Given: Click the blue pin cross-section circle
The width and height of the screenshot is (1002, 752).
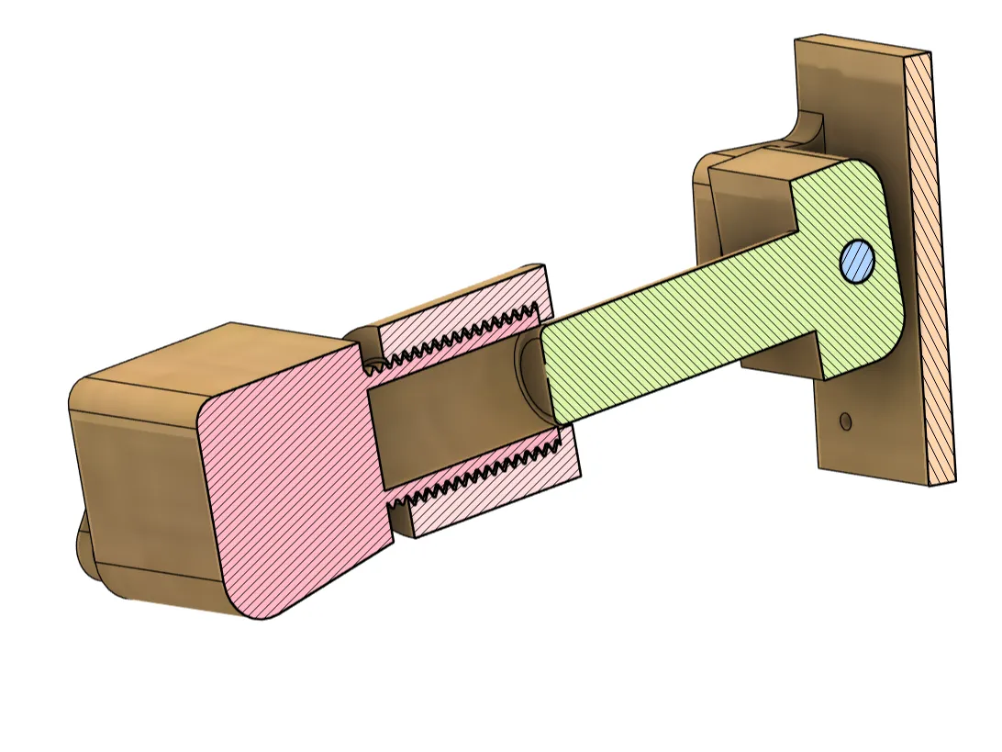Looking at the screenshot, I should click(x=857, y=262).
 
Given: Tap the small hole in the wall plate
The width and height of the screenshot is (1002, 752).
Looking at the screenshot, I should click(x=845, y=421).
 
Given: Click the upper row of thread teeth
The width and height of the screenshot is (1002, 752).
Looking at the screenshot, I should click(x=459, y=339).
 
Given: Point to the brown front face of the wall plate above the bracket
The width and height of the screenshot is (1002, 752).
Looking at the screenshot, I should click(x=853, y=92).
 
